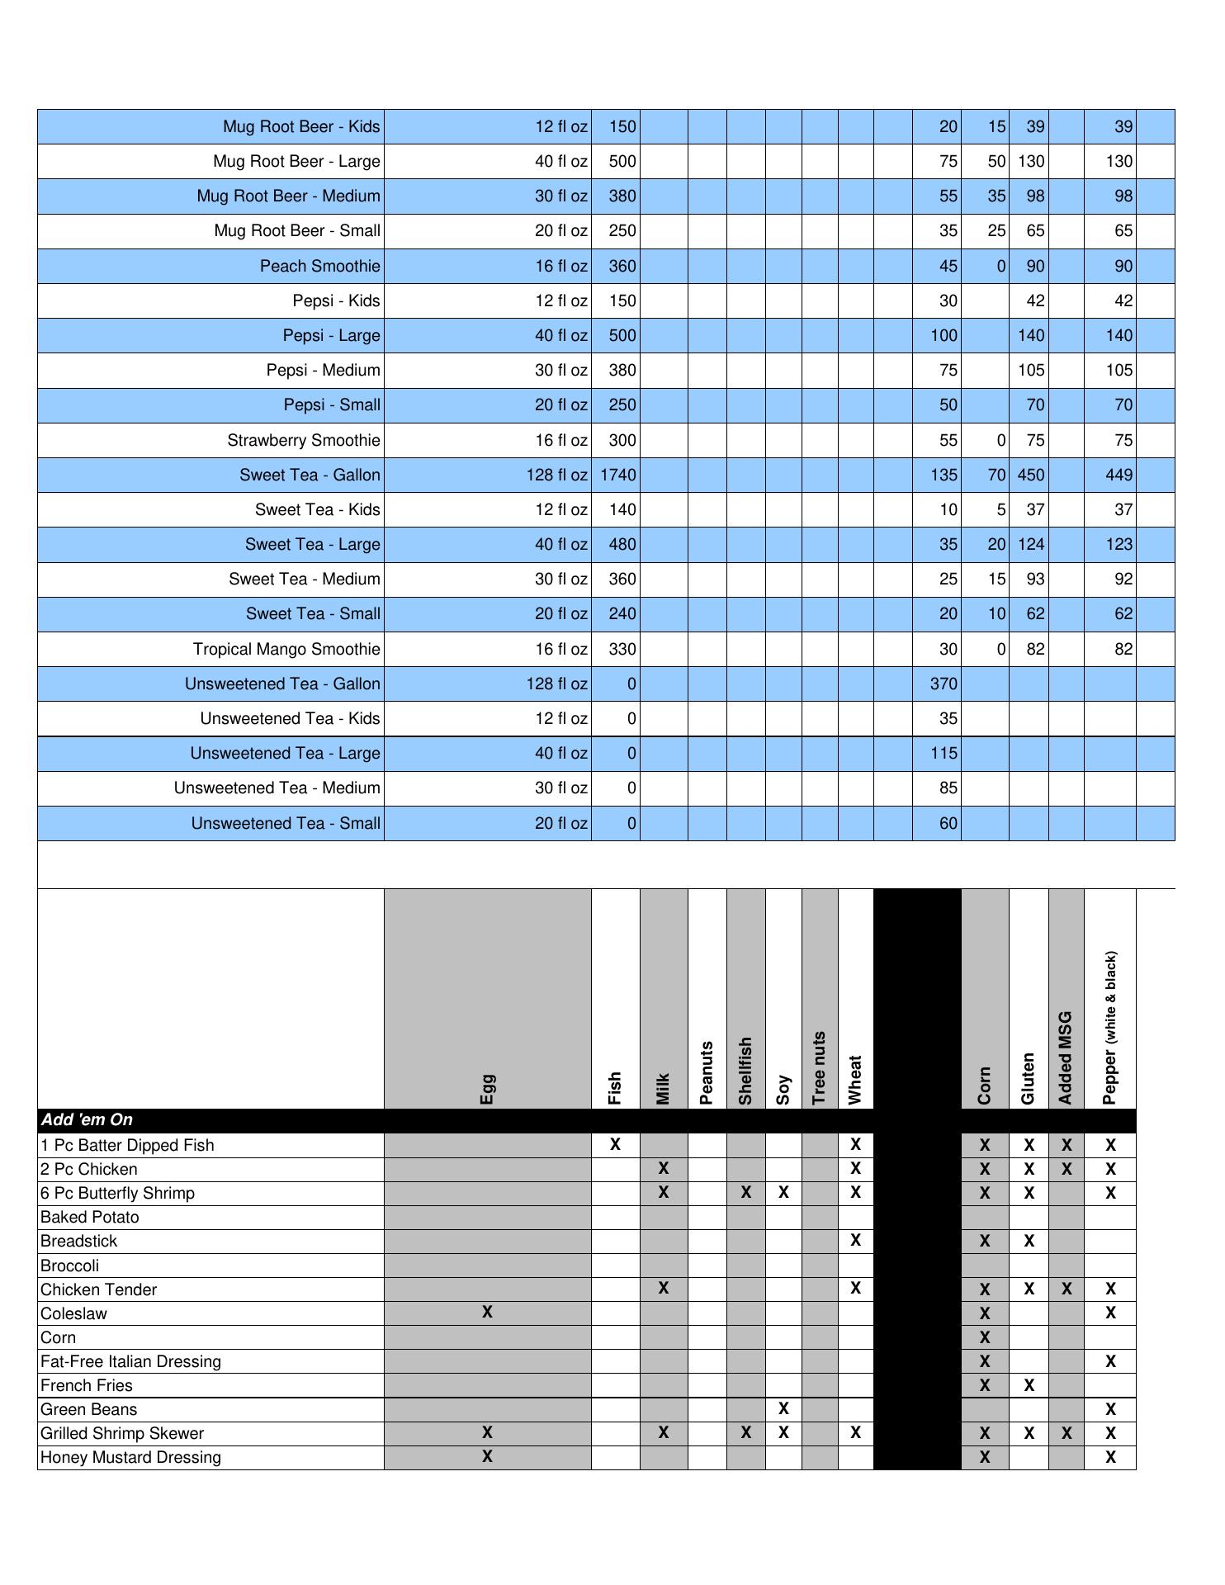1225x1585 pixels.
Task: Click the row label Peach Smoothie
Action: [x=319, y=266]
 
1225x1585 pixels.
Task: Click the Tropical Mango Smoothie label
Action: [x=286, y=649]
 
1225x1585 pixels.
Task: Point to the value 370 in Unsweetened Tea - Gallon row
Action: [x=943, y=684]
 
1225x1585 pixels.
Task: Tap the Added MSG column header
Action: [x=1066, y=1057]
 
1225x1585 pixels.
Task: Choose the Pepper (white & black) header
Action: [x=1110, y=1028]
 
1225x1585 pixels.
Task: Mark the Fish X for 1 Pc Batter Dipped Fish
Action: [x=615, y=1144]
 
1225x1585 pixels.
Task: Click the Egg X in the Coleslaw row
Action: [x=487, y=1312]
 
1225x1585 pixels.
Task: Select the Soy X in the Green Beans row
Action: [x=783, y=1408]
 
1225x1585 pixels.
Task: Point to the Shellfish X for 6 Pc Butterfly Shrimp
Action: [x=745, y=1192]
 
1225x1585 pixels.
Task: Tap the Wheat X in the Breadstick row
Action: [x=855, y=1240]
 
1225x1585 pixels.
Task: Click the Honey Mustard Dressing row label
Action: [x=130, y=1457]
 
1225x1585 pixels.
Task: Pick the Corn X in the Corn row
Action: [x=984, y=1337]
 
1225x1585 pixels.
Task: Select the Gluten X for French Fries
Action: [x=1029, y=1384]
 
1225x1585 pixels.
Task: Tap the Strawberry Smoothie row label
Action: [x=304, y=440]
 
